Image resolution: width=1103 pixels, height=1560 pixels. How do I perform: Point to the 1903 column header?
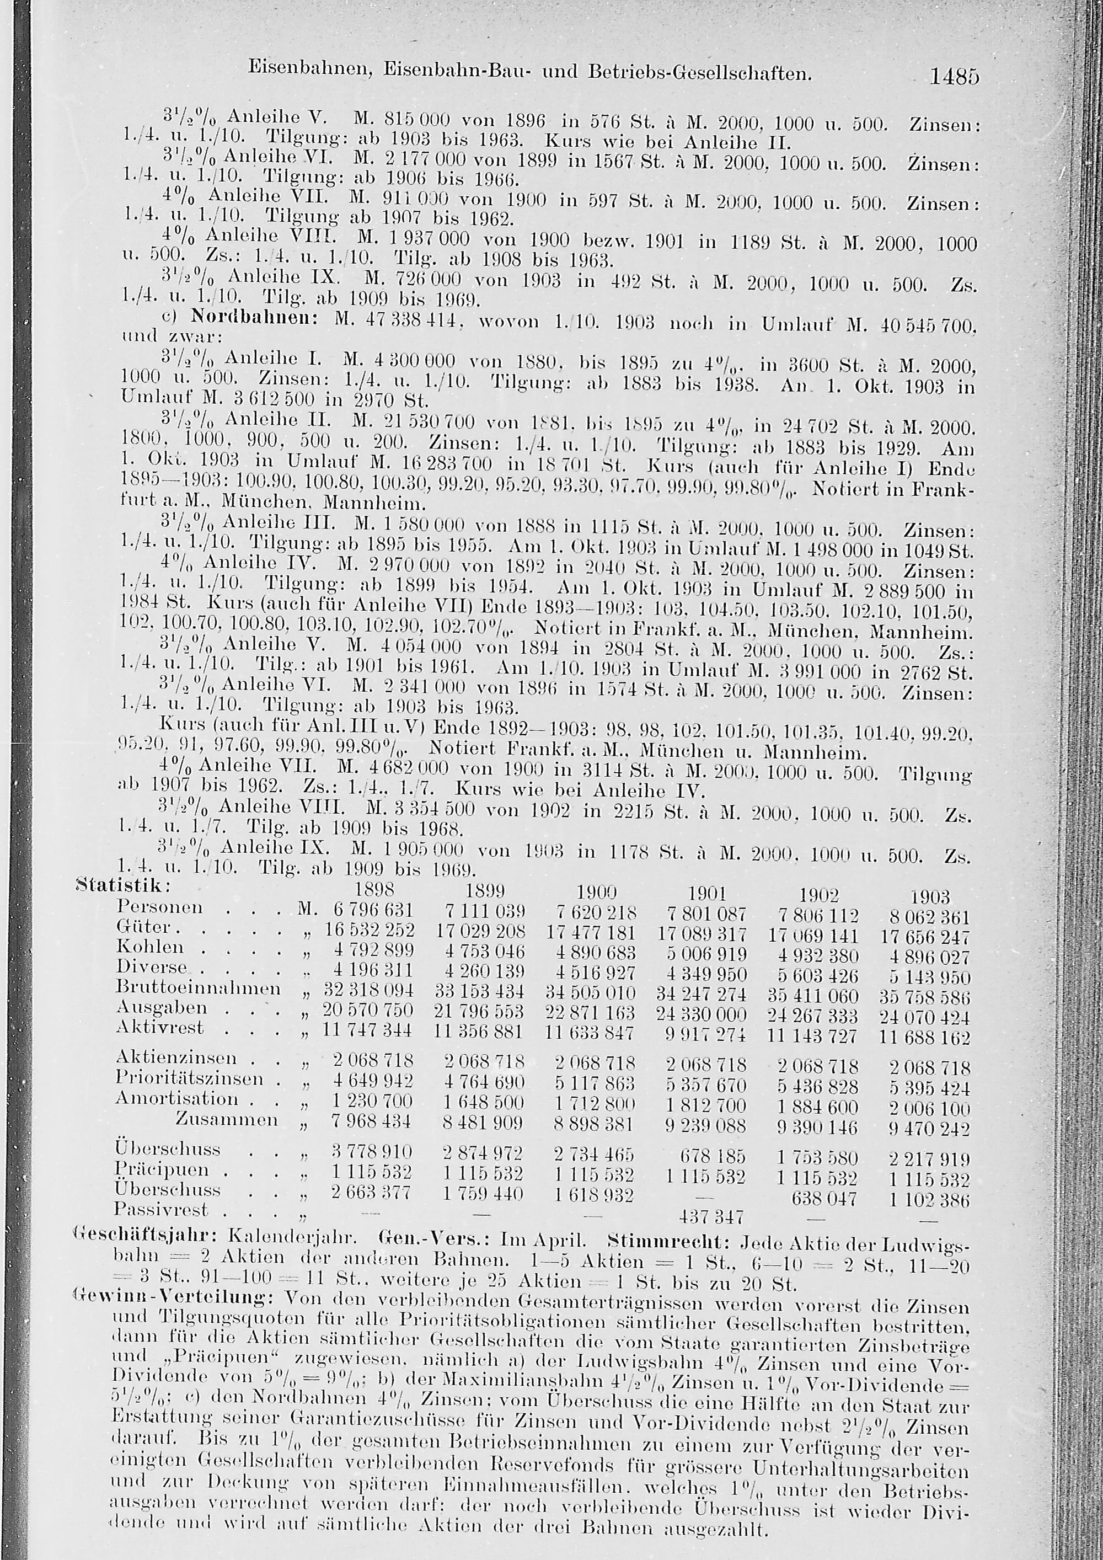coord(929,897)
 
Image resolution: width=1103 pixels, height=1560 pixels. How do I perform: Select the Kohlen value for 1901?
coord(706,954)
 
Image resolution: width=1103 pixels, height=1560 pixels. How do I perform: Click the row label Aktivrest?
coord(160,1027)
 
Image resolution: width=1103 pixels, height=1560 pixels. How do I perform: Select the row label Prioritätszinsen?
coord(190,1078)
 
